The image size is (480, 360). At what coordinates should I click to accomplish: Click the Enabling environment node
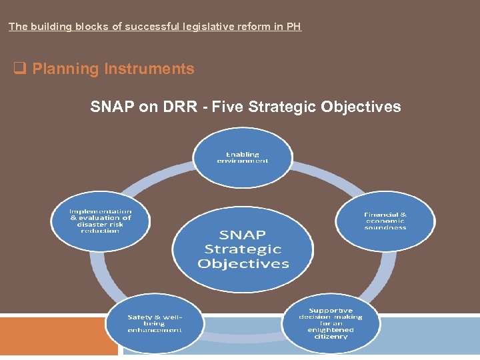coord(243,157)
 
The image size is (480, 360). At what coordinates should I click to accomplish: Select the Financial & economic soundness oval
coord(385,221)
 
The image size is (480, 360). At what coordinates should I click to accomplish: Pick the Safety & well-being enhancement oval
coord(155,323)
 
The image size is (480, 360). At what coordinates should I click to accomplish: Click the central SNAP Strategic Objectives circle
coord(243,249)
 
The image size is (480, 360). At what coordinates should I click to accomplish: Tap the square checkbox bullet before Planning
coord(19,69)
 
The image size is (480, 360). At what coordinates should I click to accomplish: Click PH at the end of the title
coord(294,27)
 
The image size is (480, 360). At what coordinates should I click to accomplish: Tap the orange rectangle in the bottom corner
coord(59,337)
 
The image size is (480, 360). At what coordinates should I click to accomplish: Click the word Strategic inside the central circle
coord(243,249)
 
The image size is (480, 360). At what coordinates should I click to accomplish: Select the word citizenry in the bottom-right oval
coord(331,337)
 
